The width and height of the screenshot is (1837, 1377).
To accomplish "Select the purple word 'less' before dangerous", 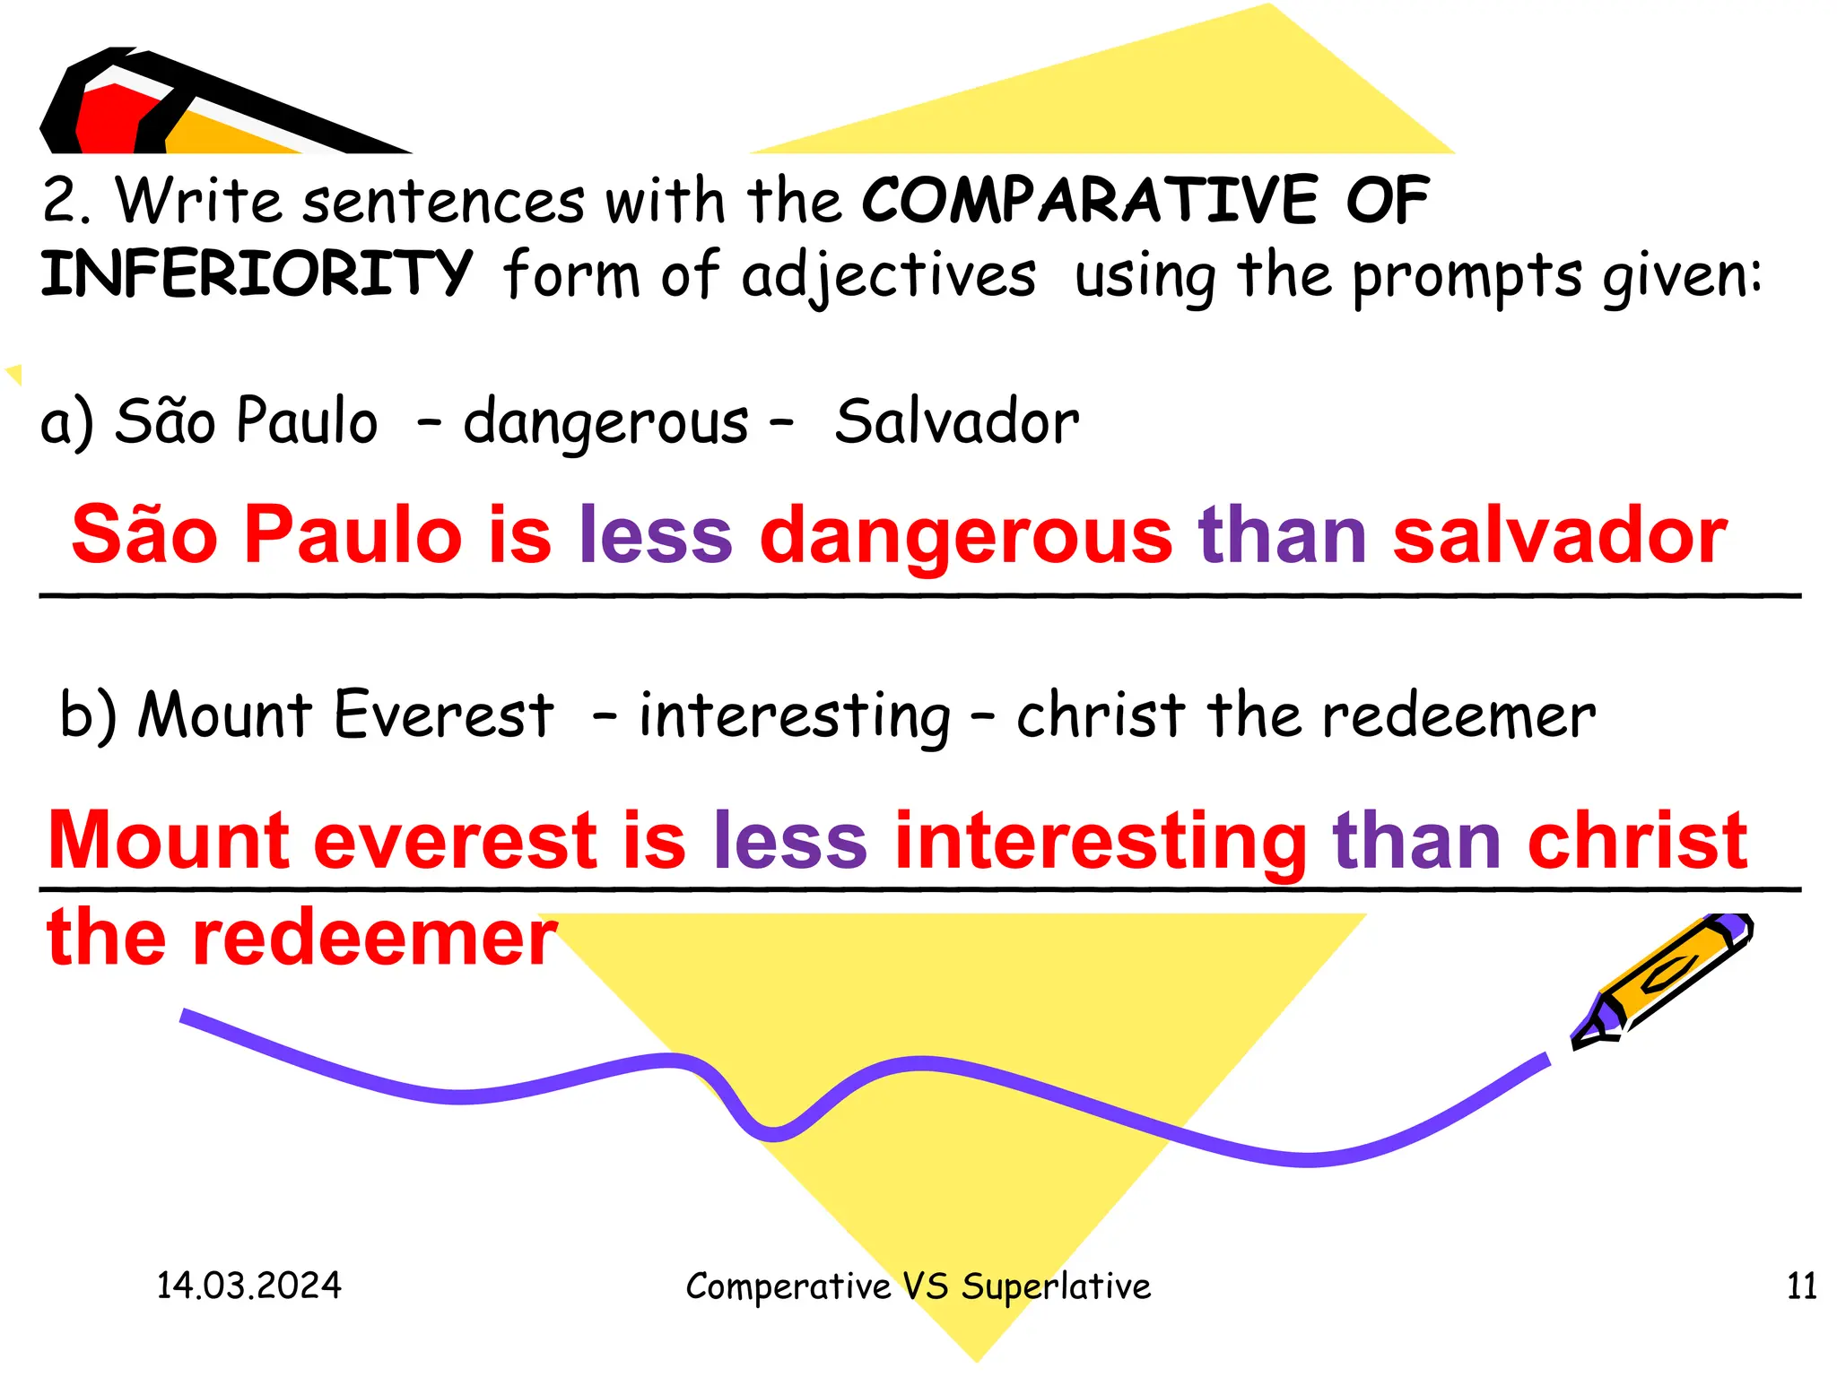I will point(656,535).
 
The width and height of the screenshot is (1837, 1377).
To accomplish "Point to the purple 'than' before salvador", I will point(1283,535).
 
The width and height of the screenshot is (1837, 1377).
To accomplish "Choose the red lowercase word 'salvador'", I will point(1560,535).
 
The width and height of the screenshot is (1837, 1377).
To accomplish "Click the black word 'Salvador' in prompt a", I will point(957,421).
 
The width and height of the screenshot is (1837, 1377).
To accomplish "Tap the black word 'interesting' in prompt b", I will point(795,717).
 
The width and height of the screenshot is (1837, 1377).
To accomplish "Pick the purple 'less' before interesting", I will point(790,841).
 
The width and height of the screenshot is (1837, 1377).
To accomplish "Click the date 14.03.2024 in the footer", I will point(248,1286).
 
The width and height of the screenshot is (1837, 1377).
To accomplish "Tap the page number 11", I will point(1801,1286).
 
